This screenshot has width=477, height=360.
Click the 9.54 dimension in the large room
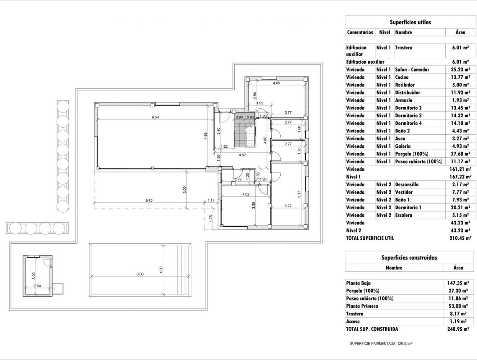pos(155,118)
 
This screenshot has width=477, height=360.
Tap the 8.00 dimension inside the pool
pos(140,274)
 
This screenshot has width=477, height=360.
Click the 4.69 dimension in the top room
pos(276,83)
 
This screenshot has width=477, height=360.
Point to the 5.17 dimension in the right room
pos(299,194)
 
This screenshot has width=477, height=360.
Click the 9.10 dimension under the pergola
pos(149,201)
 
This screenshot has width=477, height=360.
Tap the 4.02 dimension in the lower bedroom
pos(246,194)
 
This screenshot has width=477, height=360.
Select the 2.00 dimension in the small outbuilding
pos(38,286)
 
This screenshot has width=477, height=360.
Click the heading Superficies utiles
pos(410,22)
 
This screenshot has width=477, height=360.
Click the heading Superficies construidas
pos(409,257)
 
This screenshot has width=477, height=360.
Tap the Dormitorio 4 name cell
pos(408,123)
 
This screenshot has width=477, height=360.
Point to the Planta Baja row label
pos(358,283)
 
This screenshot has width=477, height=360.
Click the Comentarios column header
pos(360,32)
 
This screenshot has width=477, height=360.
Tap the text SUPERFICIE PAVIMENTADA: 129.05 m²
pos(381,344)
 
